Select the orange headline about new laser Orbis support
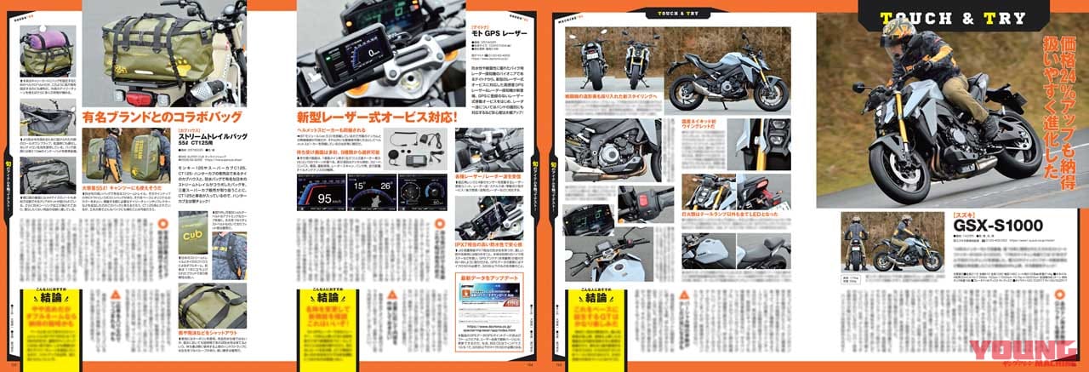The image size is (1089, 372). pos(378,117)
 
